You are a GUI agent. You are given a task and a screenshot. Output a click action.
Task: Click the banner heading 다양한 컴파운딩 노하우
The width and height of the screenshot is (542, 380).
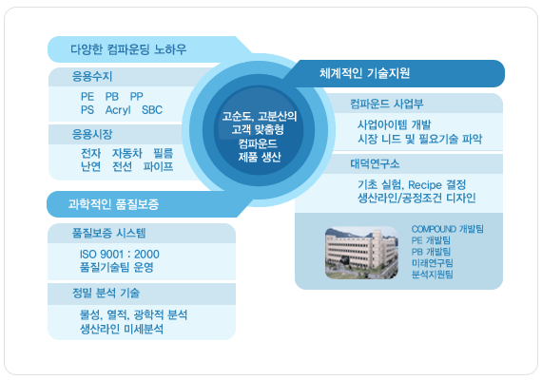(128, 49)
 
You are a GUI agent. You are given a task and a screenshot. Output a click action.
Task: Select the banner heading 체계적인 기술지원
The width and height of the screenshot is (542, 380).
(364, 73)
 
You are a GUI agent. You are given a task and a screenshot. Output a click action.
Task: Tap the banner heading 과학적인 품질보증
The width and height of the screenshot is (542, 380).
(113, 204)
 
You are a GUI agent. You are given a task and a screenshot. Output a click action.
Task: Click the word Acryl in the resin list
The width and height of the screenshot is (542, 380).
(118, 110)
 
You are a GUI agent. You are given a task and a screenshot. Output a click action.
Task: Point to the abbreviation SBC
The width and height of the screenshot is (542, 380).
(152, 110)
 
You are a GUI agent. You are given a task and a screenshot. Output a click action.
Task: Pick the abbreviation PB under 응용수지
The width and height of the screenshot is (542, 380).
(112, 96)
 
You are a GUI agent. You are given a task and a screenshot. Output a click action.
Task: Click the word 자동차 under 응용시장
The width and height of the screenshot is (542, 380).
(126, 153)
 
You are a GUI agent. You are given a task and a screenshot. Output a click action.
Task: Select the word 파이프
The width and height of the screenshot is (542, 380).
(158, 166)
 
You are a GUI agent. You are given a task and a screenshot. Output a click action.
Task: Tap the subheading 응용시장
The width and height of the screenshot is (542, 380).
(92, 134)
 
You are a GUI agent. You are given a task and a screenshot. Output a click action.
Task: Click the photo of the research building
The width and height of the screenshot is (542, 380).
(361, 253)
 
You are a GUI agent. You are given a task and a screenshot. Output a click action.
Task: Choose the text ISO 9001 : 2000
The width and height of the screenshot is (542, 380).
(119, 255)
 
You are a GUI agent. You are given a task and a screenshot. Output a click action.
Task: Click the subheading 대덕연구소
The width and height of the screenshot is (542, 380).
(375, 163)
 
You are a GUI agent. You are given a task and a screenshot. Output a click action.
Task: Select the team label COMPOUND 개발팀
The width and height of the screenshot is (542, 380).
(447, 229)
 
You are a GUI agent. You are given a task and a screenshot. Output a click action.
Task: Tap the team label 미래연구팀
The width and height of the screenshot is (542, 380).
(432, 263)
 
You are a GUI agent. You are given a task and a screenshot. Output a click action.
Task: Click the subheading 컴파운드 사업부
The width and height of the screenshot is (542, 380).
(386, 104)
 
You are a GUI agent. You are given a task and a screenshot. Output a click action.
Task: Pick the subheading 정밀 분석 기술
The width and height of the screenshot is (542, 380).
(106, 293)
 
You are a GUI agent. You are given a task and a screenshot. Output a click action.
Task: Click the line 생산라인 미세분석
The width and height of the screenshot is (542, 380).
(122, 329)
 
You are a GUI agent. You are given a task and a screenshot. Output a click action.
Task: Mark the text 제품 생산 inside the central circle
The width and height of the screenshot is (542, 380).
(260, 157)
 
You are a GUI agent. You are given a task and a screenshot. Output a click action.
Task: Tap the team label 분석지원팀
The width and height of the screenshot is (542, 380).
(432, 275)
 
